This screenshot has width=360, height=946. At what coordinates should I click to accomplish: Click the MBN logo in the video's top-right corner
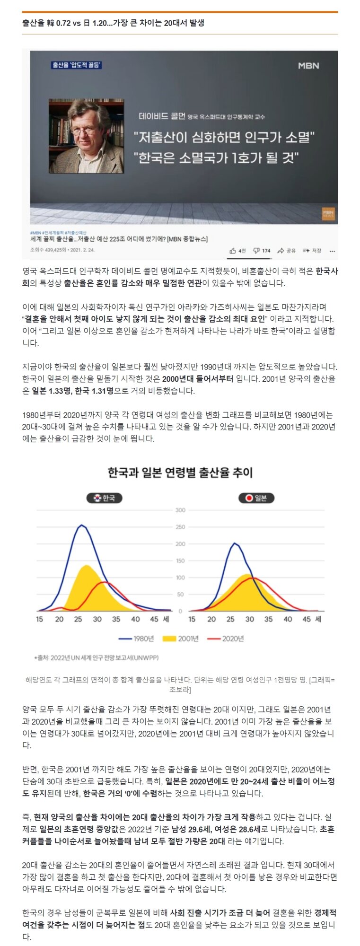(x=308, y=66)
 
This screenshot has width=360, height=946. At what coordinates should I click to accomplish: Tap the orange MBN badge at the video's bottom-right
(x=328, y=213)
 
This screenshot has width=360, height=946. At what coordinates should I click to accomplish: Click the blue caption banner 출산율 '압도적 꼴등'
(x=77, y=65)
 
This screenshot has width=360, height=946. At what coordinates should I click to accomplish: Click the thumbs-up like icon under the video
(x=233, y=251)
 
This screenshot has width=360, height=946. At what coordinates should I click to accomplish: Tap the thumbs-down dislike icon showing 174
(x=256, y=251)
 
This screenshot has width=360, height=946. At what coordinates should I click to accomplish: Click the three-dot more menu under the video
(x=332, y=251)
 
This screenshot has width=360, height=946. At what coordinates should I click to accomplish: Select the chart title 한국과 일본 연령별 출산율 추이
(x=180, y=473)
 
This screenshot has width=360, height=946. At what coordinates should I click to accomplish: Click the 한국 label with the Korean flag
(x=104, y=498)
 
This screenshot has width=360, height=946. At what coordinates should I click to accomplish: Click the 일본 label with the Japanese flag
(x=256, y=498)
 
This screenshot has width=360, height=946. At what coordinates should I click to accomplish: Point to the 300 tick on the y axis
(x=180, y=510)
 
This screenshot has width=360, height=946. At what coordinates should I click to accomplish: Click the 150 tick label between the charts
(x=180, y=561)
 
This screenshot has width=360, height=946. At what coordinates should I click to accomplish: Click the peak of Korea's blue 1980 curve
(x=82, y=525)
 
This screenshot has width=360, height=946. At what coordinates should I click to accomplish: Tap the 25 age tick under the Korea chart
(x=78, y=619)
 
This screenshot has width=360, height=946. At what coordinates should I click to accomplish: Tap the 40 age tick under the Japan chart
(x=288, y=619)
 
